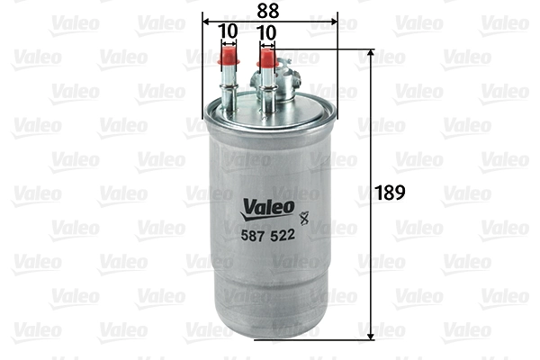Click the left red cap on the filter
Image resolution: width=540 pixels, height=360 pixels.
tap(229, 62)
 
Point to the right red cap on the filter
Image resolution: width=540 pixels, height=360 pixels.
tap(266, 60)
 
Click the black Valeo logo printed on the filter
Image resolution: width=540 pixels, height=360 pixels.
tap(267, 207)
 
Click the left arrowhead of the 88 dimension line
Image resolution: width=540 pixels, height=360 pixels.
tap(207, 20)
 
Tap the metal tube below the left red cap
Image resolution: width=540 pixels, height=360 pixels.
tap(229, 90)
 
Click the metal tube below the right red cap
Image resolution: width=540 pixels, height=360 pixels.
tap(266, 90)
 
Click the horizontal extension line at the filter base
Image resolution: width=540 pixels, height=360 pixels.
tap(315, 338)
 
